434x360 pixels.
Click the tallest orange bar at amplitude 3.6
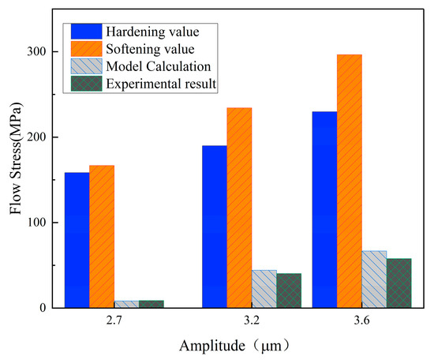pyautogui.click(x=374, y=182)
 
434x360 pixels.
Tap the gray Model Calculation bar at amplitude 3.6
pyautogui.click(x=399, y=279)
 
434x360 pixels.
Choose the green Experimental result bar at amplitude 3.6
pyautogui.click(x=424, y=283)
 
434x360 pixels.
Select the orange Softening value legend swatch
pyautogui.click(x=86, y=48)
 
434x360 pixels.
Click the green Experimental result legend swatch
pyautogui.click(x=86, y=83)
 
